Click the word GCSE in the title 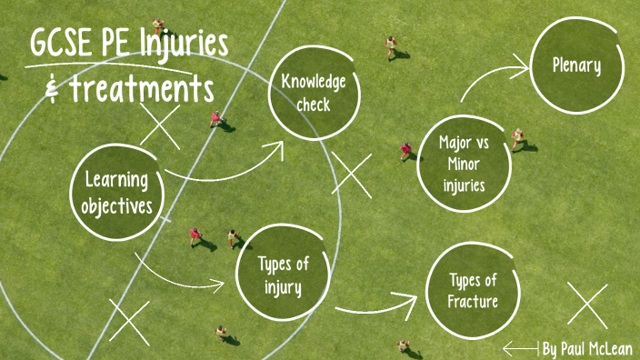point(66,45)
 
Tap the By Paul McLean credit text point(587,348)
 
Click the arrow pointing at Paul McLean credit point(521,348)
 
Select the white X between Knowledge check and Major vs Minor point(352,174)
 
